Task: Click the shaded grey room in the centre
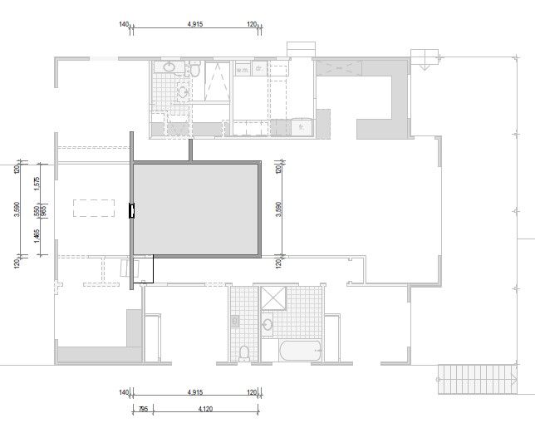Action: (x=195, y=209)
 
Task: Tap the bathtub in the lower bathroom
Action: (x=297, y=351)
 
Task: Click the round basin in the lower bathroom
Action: (x=267, y=324)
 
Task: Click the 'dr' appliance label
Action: (x=259, y=70)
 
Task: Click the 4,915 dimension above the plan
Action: (x=195, y=25)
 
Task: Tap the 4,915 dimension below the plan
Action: (x=195, y=391)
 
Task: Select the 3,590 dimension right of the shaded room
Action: (x=278, y=209)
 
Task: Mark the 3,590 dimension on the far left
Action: (x=17, y=209)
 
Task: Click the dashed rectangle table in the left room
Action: (x=92, y=207)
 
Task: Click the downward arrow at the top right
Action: (x=423, y=60)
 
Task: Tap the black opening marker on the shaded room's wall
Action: (x=130, y=211)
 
